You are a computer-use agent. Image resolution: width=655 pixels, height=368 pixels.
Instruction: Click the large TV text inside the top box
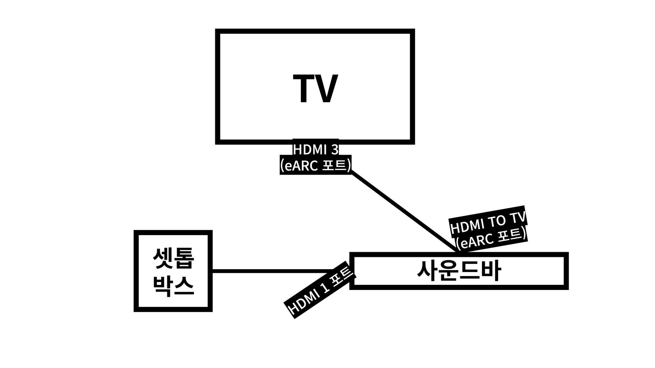[x=315, y=89]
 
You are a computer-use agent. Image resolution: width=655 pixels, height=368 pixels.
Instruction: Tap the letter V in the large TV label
[x=326, y=89]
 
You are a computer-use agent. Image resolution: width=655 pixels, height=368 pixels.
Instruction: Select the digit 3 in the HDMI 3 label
[x=335, y=150]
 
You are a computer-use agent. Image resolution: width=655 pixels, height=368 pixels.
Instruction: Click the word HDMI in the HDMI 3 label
[x=309, y=150]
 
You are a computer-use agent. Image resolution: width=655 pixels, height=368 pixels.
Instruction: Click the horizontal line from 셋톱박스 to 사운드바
[x=273, y=271]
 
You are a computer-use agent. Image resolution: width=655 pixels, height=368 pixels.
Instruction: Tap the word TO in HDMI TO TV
[x=497, y=222]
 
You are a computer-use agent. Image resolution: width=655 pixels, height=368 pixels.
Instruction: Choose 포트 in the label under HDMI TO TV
[x=510, y=235]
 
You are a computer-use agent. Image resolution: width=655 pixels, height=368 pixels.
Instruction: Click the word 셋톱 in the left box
[x=173, y=259]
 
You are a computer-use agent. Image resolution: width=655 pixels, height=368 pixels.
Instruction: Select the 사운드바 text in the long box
[x=459, y=271]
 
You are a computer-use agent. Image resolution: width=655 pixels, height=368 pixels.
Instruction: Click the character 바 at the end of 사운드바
[x=491, y=271]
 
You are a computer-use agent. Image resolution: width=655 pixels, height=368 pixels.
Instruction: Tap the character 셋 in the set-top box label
[x=163, y=259]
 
